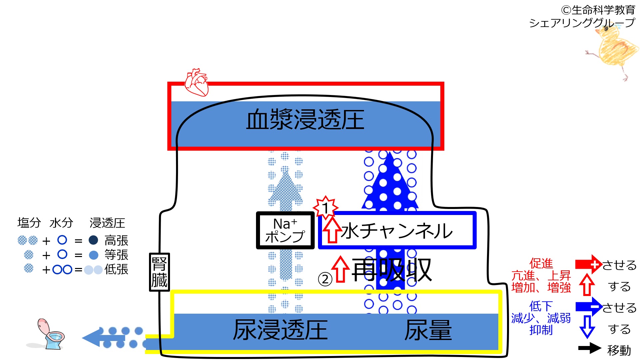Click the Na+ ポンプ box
click(x=285, y=230)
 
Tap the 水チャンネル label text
click(x=397, y=231)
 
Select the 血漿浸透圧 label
click(x=305, y=120)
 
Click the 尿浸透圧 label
click(x=280, y=330)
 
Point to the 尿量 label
click(x=428, y=330)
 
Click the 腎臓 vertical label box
click(x=159, y=272)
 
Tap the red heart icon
click(x=197, y=82)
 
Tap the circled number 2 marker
click(x=325, y=279)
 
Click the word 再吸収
click(x=392, y=270)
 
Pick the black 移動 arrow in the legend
click(x=589, y=348)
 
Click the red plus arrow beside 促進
click(x=588, y=265)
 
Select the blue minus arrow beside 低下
click(x=588, y=307)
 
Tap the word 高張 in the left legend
click(x=116, y=240)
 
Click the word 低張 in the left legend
click(x=116, y=269)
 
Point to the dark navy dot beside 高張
click(x=93, y=240)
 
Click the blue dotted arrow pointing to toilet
click(x=113, y=337)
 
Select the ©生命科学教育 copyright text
click(x=598, y=10)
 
